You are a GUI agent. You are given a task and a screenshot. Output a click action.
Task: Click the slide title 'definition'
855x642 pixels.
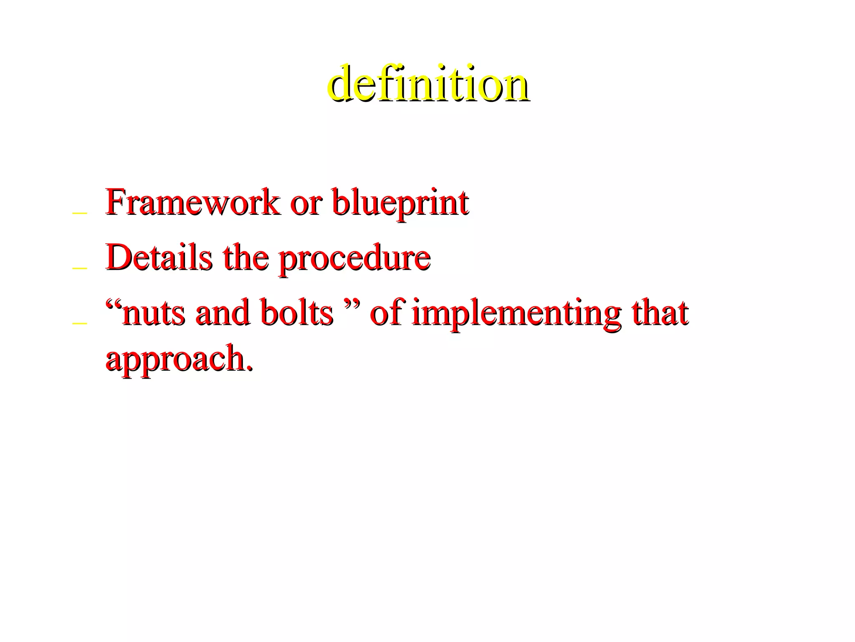click(428, 83)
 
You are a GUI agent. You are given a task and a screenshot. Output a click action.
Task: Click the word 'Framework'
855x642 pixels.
click(192, 203)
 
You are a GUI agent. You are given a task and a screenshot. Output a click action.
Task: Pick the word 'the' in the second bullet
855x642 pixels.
click(245, 257)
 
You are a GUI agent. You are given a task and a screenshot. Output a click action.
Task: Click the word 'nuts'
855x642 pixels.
click(153, 314)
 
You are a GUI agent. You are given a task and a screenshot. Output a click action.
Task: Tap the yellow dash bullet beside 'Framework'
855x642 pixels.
click(79, 214)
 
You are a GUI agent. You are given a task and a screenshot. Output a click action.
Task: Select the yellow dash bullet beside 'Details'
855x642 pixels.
click(79, 268)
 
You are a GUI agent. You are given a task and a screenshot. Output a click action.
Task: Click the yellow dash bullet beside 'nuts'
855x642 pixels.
click(79, 323)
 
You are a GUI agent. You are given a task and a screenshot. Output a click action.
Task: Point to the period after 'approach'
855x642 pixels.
click(250, 368)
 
